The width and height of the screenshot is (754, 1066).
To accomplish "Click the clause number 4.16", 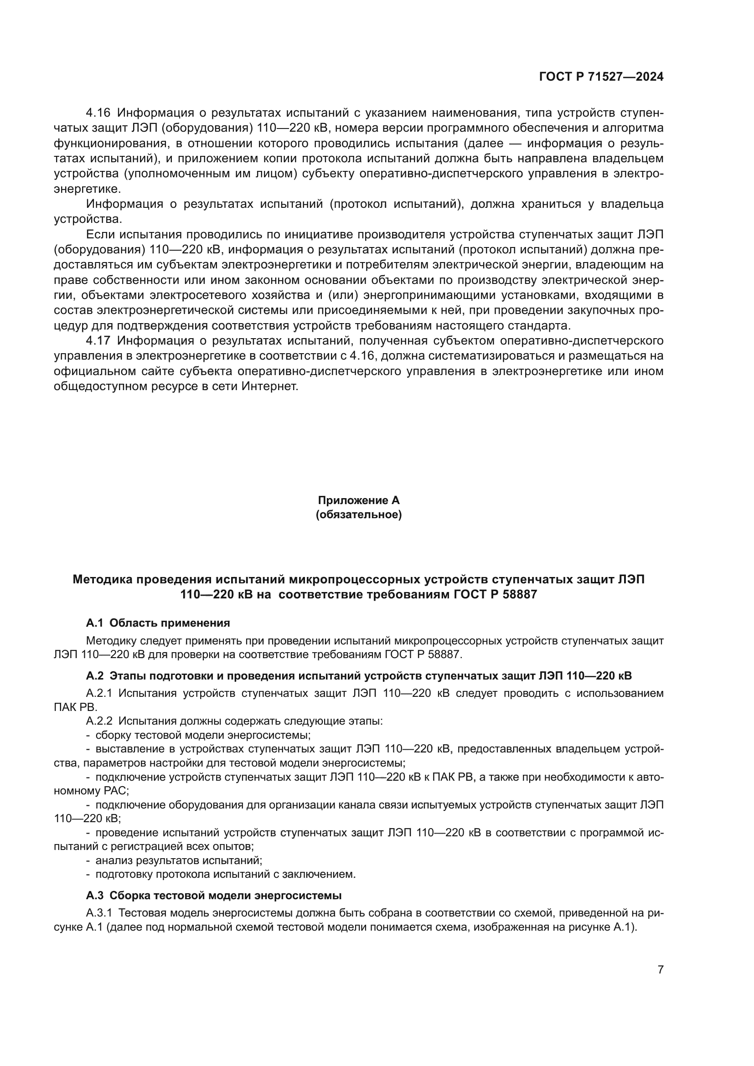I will pyautogui.click(x=98, y=113).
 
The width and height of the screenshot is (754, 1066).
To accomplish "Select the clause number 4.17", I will pyautogui.click(x=98, y=340).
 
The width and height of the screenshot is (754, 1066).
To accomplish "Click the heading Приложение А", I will pyautogui.click(x=358, y=500).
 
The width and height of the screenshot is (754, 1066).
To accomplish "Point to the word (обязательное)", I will pyautogui.click(x=358, y=515).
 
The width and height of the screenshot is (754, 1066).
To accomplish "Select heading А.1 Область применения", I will pyautogui.click(x=158, y=623).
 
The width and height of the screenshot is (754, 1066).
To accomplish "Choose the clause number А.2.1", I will pyautogui.click(x=99, y=694).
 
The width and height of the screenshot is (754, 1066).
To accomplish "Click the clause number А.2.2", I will pyautogui.click(x=99, y=721).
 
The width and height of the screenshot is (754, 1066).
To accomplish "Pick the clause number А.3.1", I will pyautogui.click(x=99, y=913).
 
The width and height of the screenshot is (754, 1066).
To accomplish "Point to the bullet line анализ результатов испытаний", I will pyautogui.click(x=179, y=860).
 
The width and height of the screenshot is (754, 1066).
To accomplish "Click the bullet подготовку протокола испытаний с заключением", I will pyautogui.click(x=225, y=874).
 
